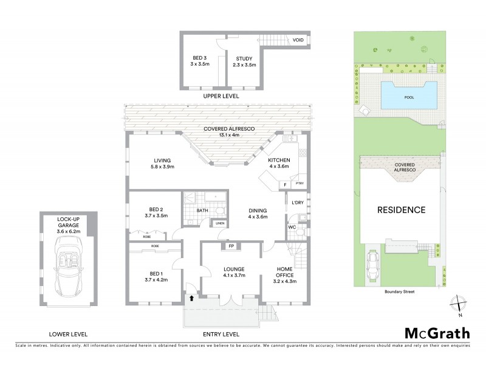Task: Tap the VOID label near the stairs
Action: (x=298, y=40)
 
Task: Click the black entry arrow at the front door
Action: (x=193, y=298)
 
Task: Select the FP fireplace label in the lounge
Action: (x=231, y=247)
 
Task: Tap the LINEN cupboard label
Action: (x=219, y=223)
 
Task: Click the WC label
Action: (x=291, y=228)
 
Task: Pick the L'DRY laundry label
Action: (x=297, y=202)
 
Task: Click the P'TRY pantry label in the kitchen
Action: (x=299, y=183)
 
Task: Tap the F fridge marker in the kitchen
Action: (x=284, y=184)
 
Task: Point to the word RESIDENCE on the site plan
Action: (x=402, y=210)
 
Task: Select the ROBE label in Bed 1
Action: (x=148, y=246)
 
